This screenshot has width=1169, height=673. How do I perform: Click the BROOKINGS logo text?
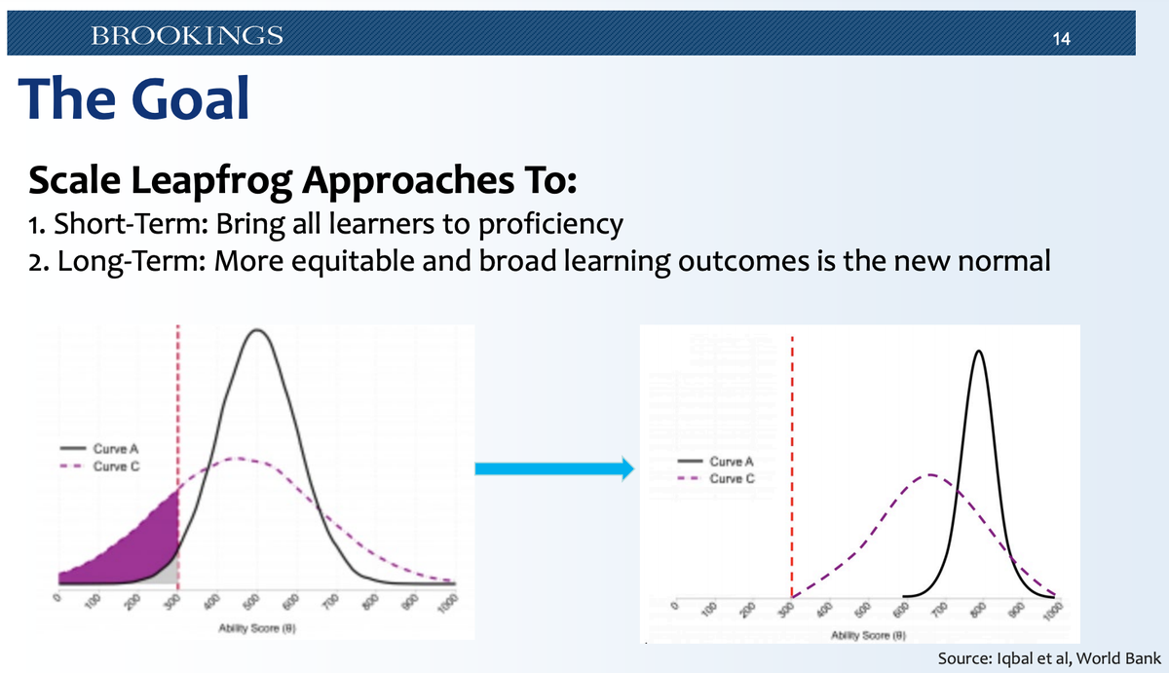click(x=186, y=37)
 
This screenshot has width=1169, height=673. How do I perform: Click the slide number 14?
click(x=1062, y=40)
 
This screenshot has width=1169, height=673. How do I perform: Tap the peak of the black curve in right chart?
click(x=978, y=353)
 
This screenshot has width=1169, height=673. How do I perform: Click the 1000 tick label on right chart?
click(x=1049, y=612)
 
